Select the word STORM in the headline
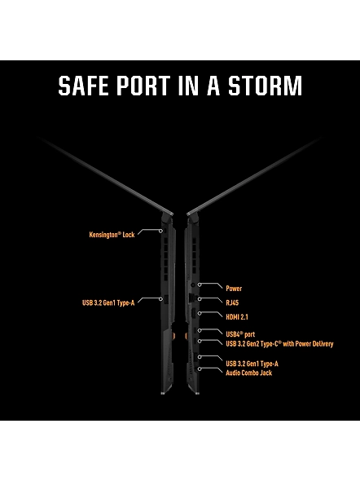click(266, 86)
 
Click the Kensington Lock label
click(112, 235)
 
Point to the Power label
click(234, 289)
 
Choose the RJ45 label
click(232, 302)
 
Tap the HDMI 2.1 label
click(237, 317)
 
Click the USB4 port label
click(240, 334)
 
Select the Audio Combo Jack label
click(248, 373)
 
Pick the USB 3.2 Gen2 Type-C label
click(279, 343)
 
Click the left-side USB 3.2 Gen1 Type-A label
click(108, 302)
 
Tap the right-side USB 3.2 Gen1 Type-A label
click(252, 364)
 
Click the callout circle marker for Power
click(200, 285)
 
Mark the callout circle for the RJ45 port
click(200, 298)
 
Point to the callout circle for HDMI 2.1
click(200, 313)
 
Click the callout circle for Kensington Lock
click(160, 231)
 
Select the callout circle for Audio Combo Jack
click(200, 369)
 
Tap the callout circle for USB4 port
click(200, 330)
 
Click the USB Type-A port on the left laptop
click(166, 299)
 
